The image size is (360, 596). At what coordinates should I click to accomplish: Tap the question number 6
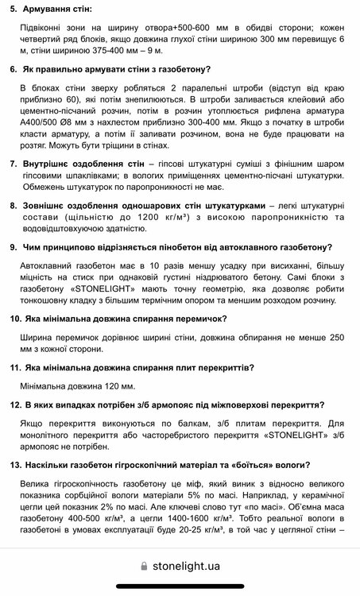[x=14, y=69]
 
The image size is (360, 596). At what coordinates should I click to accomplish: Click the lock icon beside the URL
[x=143, y=567]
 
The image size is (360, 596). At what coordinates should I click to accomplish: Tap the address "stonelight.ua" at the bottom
[x=187, y=567]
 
